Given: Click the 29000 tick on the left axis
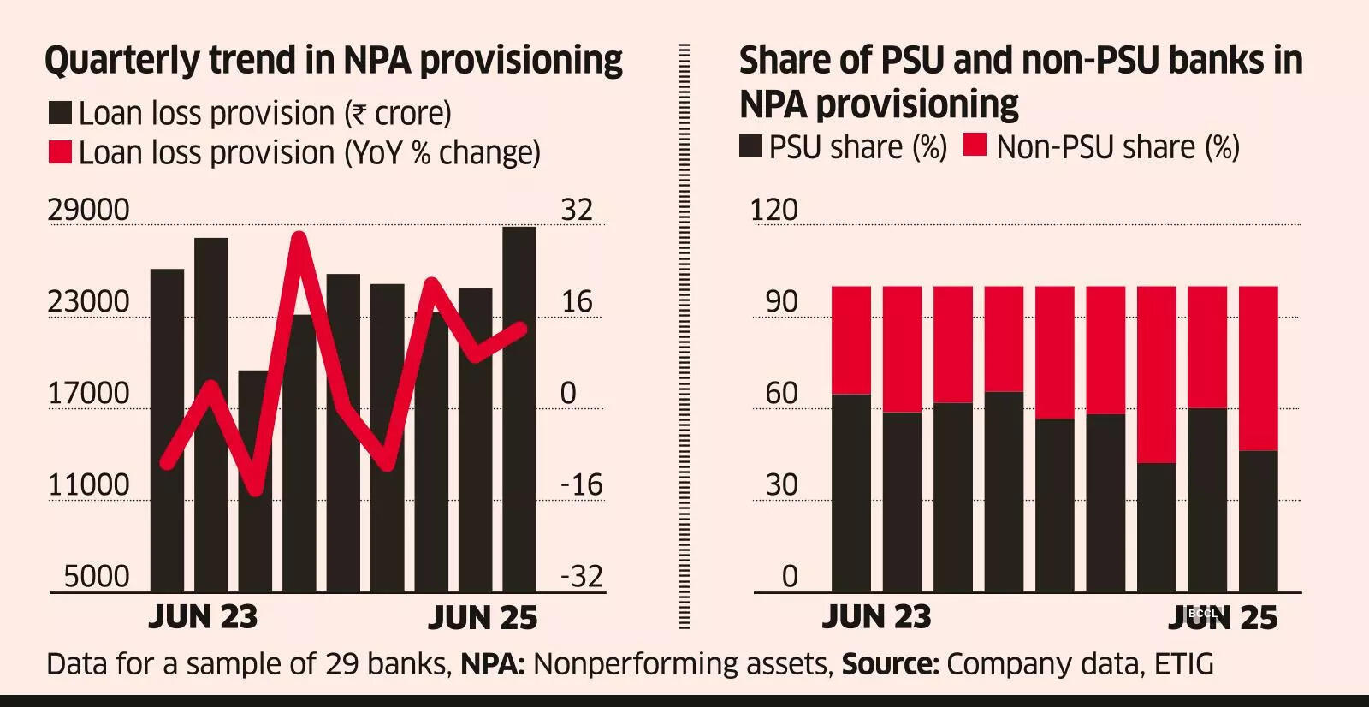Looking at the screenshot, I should click(88, 210).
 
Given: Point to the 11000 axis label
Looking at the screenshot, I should click(88, 484).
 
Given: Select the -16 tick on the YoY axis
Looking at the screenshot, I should click(582, 484).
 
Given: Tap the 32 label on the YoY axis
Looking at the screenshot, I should click(577, 210).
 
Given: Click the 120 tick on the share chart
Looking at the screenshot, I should click(773, 210).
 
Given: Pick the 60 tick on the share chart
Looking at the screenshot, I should click(781, 393).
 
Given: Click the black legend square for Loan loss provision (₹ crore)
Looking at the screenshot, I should click(60, 113).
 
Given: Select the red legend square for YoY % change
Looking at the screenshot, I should click(60, 152).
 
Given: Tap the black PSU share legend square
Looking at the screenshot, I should click(750, 146).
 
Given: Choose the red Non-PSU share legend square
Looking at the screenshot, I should click(975, 146).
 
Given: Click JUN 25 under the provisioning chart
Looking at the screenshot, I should click(483, 617).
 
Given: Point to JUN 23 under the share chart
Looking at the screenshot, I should click(876, 617).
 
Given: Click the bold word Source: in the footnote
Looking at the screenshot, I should click(891, 663).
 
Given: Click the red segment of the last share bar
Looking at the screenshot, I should click(1259, 368).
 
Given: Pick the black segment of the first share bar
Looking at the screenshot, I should click(851, 492).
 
